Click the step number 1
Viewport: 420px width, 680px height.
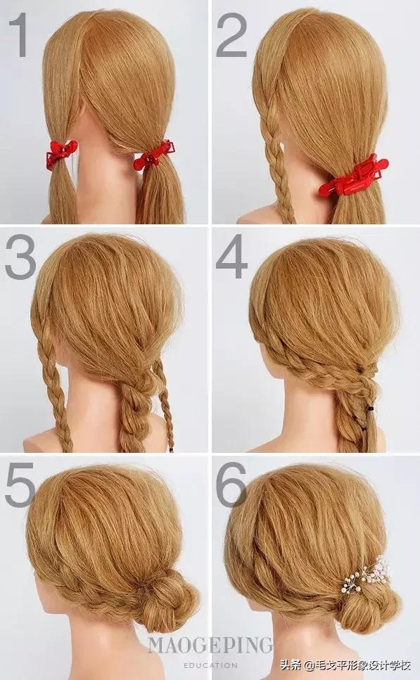pos(18,34)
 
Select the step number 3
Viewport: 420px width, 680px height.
pos(20,257)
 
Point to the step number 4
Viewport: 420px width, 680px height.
pos(232,257)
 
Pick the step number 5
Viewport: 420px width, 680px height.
pos(20,485)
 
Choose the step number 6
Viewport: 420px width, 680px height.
pos(231,485)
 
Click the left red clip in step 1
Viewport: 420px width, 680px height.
pos(62,153)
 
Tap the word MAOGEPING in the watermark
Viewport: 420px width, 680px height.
pos(210,646)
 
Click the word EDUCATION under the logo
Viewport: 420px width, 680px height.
pos(210,665)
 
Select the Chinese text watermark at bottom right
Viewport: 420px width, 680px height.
pos(345,665)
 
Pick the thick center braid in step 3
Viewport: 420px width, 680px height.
pos(134,412)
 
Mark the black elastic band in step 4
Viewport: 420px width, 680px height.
pos(370,409)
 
